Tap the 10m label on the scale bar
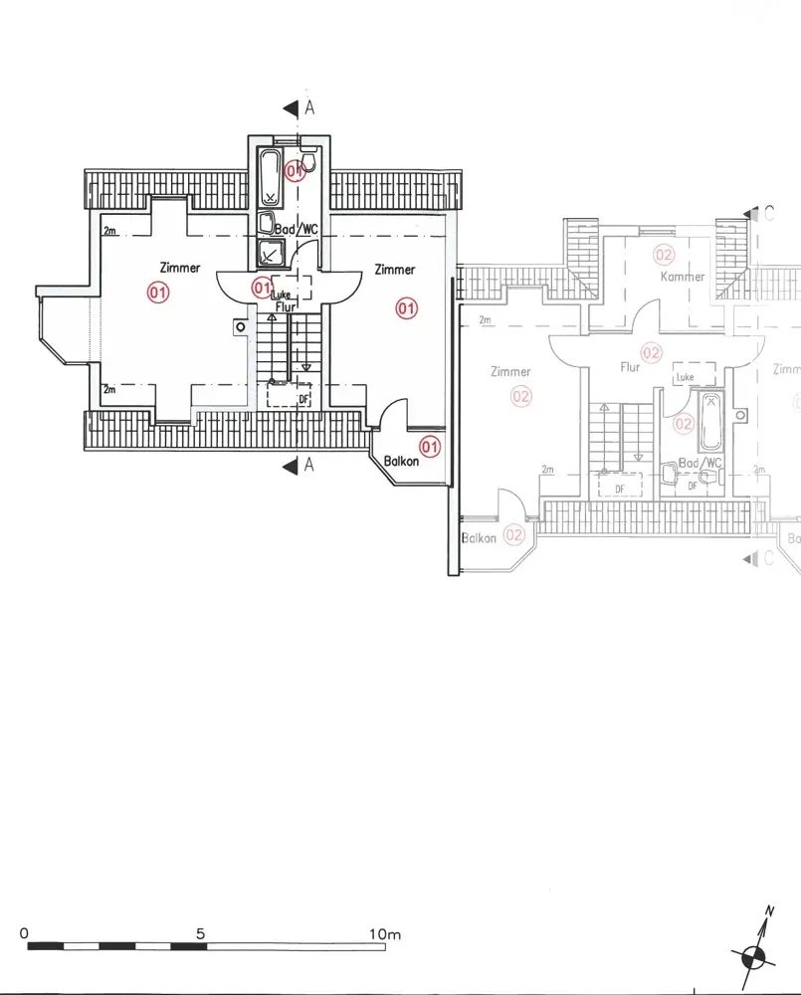pos(384,934)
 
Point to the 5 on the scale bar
pos(201,934)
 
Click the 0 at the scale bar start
pos(24,934)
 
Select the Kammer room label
pos(683,277)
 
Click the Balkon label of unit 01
pos(402,461)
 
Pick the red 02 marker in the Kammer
pos(664,256)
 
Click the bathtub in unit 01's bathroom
pos(270,176)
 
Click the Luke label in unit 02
pos(685,378)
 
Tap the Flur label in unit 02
pos(630,367)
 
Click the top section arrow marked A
pos(291,108)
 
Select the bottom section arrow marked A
pos(291,465)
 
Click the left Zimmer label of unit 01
pos(179,268)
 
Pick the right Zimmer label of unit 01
pos(394,270)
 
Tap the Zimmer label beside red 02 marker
pos(510,372)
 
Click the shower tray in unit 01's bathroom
pos(270,254)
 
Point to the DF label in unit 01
pos(303,399)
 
